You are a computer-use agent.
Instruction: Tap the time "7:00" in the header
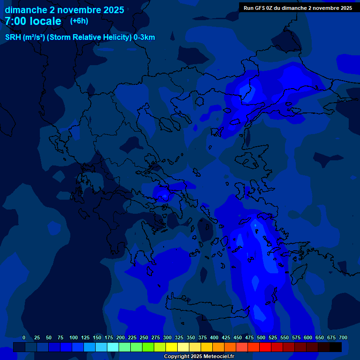click(17, 21)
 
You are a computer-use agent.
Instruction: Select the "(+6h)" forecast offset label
click(79, 21)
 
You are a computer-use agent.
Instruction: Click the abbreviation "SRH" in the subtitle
click(13, 37)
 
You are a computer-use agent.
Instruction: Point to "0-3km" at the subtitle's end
click(144, 37)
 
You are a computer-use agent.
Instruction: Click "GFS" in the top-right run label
click(260, 8)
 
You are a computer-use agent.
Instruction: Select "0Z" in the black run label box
click(270, 8)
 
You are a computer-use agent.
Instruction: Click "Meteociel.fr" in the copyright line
click(219, 357)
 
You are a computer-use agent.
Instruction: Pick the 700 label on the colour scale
click(343, 337)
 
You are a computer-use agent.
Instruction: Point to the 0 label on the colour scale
click(24, 337)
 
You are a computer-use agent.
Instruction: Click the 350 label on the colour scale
click(191, 337)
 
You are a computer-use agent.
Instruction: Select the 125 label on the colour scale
click(85, 337)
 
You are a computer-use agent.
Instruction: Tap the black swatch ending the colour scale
click(336, 347)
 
